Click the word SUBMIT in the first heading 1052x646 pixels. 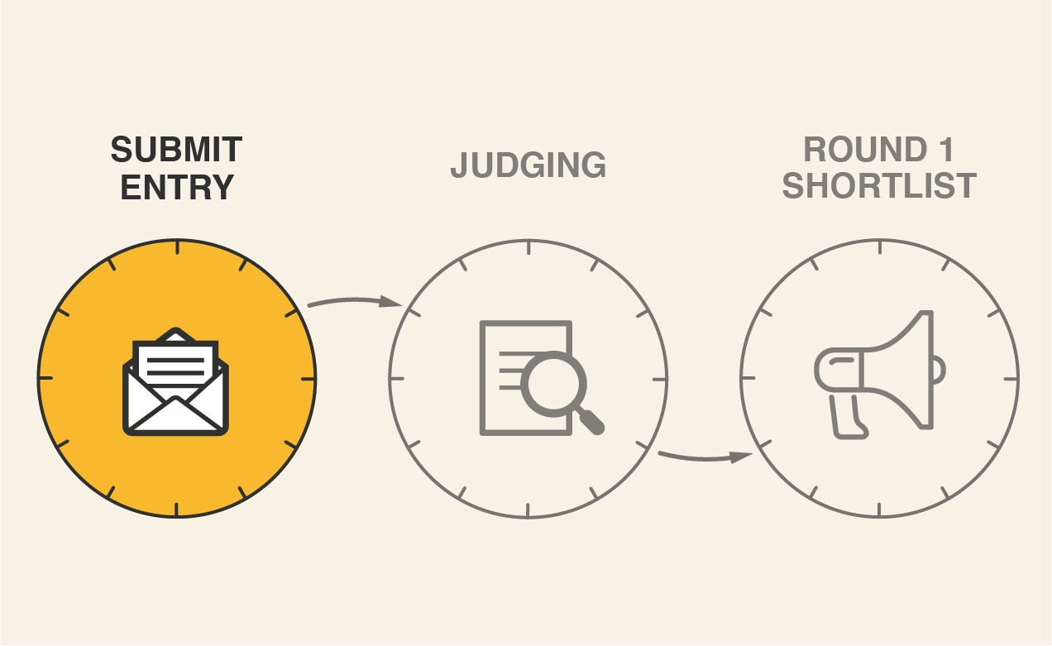pyautogui.click(x=176, y=151)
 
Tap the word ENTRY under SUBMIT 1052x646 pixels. pyautogui.click(x=176, y=188)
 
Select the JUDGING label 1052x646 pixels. pyautogui.click(x=528, y=165)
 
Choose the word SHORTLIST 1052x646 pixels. pyautogui.click(x=879, y=187)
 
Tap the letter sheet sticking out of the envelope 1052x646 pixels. pyautogui.click(x=175, y=361)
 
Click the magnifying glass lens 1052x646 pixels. pyautogui.click(x=553, y=383)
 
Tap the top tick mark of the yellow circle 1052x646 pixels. pyautogui.click(x=176, y=247)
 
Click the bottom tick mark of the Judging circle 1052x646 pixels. pyautogui.click(x=528, y=510)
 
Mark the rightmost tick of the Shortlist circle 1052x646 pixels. pyautogui.click(x=1011, y=378)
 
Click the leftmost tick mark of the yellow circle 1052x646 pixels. pyautogui.click(x=46, y=378)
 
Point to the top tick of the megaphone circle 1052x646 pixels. pyautogui.click(x=879, y=247)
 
